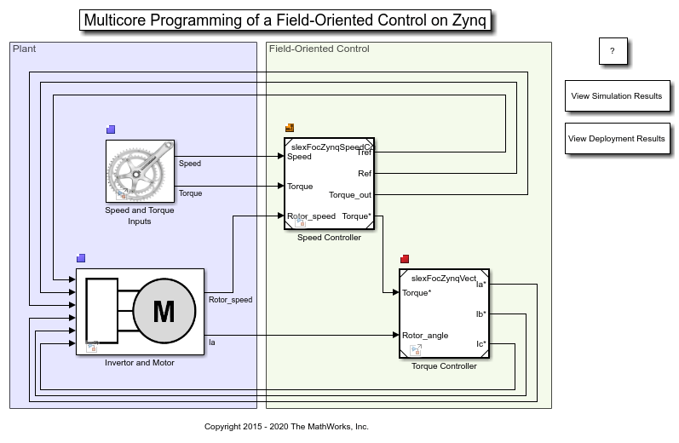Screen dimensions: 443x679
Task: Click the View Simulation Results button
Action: (617, 96)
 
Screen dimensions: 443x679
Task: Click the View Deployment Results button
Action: (617, 139)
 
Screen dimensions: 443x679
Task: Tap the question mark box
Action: (612, 51)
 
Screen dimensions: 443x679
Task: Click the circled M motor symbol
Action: (164, 312)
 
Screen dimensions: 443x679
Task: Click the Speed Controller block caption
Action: (329, 238)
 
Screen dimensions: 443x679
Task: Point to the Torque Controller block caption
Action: (444, 366)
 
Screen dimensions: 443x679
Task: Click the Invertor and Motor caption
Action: (140, 363)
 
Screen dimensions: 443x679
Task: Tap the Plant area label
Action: (25, 49)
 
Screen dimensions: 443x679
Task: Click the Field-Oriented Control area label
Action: (319, 49)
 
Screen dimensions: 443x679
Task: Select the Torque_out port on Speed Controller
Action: (350, 195)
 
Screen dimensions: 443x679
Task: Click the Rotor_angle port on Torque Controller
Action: (425, 336)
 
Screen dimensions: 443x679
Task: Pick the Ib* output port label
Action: (480, 314)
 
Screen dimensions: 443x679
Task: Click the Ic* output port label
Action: (480, 344)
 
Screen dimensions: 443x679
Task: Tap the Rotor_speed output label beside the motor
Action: (230, 300)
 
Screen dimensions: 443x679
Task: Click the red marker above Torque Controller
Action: (405, 259)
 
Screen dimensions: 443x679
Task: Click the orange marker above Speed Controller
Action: (290, 128)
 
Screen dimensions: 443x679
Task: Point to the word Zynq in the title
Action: (467, 20)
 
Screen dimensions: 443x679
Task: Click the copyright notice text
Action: (286, 427)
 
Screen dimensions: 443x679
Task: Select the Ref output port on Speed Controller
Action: (364, 174)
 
